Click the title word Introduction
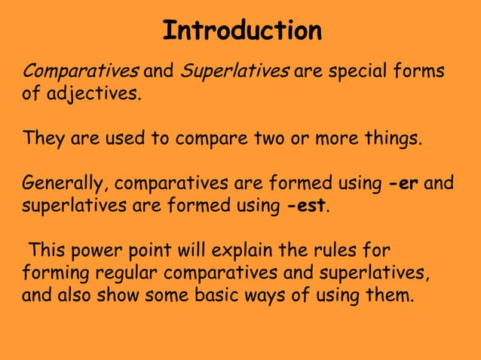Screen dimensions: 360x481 pos(242,31)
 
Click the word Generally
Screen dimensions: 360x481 pos(65,183)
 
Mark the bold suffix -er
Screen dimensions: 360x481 pos(403,183)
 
